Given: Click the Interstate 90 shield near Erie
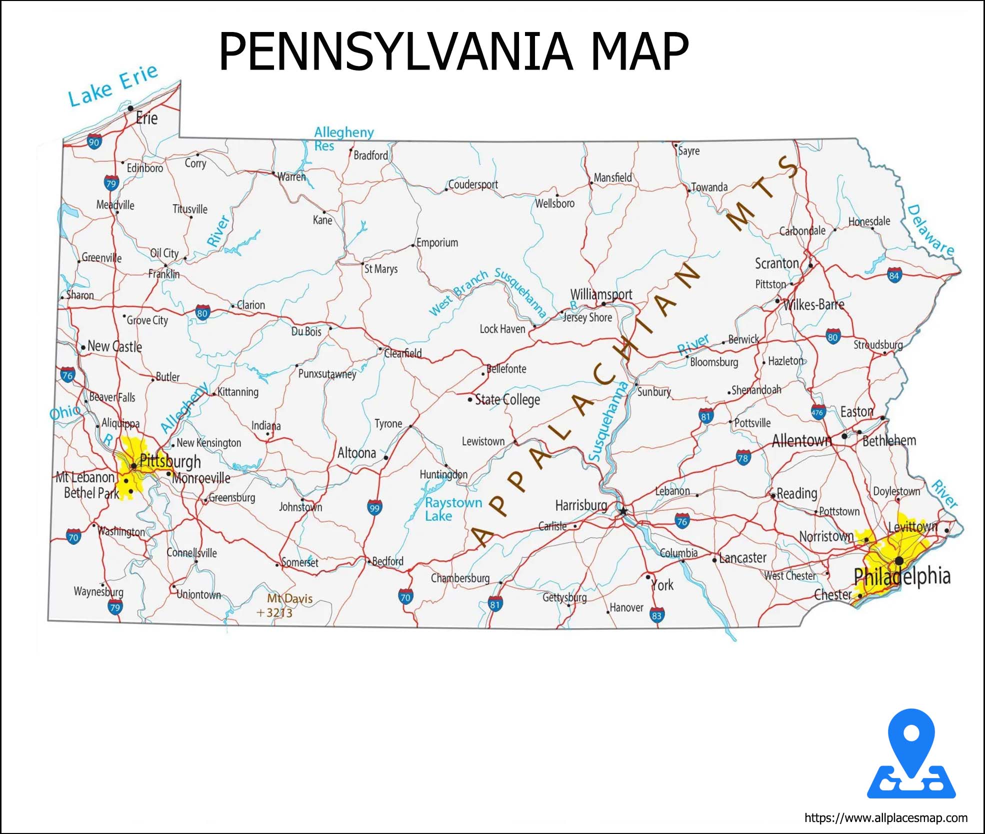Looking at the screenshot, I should click(x=94, y=141).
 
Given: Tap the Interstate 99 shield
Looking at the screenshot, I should click(x=374, y=507).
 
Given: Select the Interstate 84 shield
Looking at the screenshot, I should click(x=894, y=275).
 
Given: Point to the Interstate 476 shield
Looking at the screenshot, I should click(x=817, y=412).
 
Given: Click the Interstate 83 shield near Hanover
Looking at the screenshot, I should click(x=657, y=615).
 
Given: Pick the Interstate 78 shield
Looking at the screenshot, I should click(x=743, y=457).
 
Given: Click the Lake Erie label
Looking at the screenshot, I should click(x=113, y=85).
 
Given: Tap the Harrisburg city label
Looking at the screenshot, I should click(x=581, y=505).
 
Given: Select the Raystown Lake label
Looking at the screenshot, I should click(x=453, y=509).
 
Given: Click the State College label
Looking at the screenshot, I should click(x=507, y=399).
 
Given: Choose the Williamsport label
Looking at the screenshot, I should click(x=601, y=294).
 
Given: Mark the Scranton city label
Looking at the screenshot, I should click(x=776, y=263).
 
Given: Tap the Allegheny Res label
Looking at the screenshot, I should click(x=343, y=138).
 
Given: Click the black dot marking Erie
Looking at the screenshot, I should click(x=130, y=108).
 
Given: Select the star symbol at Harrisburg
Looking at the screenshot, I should click(x=623, y=511).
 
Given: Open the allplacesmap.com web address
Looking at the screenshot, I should click(x=885, y=818).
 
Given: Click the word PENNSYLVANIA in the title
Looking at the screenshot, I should click(x=395, y=51).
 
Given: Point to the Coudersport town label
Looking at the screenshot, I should click(x=473, y=184).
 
